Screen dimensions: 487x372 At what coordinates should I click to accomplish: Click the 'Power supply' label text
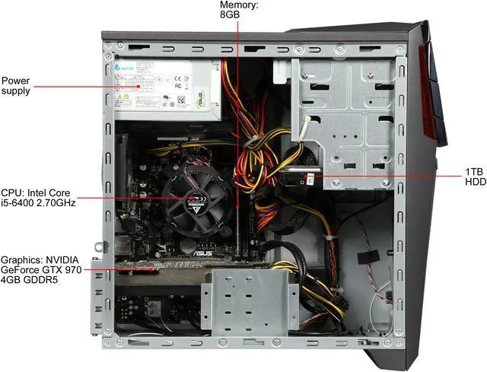pos(17,85)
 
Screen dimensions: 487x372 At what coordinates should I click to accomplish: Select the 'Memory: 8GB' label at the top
pos(238,9)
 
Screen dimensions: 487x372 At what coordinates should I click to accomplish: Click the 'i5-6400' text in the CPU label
pos(21,202)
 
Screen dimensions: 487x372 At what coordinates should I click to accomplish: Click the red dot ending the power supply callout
pos(138,86)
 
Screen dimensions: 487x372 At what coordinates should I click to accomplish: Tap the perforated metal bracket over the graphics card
pos(249,298)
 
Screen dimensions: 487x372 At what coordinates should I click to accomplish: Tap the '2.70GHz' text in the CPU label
pos(54,202)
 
